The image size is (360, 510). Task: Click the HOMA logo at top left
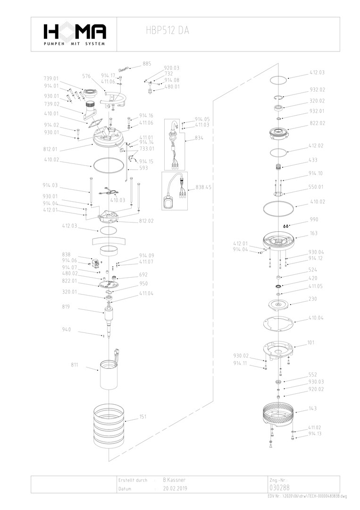click(x=75, y=34)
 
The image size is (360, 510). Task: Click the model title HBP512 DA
click(x=168, y=31)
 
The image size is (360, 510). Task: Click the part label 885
click(x=147, y=64)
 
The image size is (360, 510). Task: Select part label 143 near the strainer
click(x=313, y=408)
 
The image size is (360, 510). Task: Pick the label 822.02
click(x=317, y=123)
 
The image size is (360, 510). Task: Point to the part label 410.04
click(x=316, y=318)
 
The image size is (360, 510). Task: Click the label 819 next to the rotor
click(x=66, y=307)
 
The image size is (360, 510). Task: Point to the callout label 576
click(x=86, y=76)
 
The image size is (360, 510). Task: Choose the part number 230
click(x=313, y=299)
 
